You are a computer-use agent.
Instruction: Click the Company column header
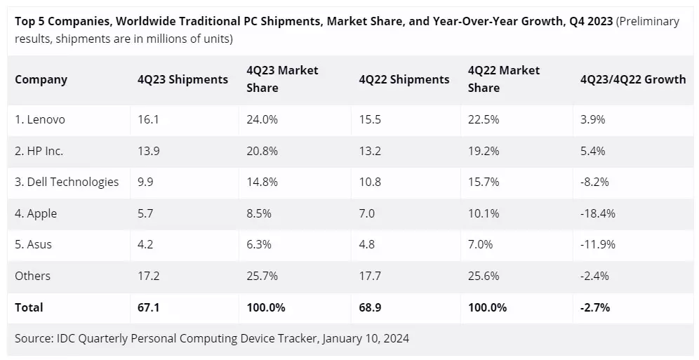(41, 79)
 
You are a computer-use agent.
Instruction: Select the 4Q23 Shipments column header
(182, 79)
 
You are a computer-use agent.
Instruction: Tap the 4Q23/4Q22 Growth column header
(633, 79)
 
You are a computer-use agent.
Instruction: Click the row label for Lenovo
(40, 119)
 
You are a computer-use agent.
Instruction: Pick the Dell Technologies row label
(67, 182)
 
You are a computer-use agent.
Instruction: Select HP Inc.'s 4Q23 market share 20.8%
(262, 151)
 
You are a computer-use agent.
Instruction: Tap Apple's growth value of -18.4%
(598, 213)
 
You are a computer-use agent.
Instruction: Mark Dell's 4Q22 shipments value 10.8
(370, 182)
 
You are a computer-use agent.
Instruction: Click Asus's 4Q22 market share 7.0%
(481, 244)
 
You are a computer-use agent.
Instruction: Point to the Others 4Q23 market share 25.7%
(262, 276)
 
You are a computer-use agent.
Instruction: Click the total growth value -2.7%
(595, 307)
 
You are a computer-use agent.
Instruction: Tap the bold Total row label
(29, 307)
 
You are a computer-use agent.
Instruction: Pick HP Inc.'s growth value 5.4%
(593, 151)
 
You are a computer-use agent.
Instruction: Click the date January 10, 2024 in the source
(365, 338)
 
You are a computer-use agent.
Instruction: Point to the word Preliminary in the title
(648, 22)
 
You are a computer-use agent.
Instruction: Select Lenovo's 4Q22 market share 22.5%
(484, 119)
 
